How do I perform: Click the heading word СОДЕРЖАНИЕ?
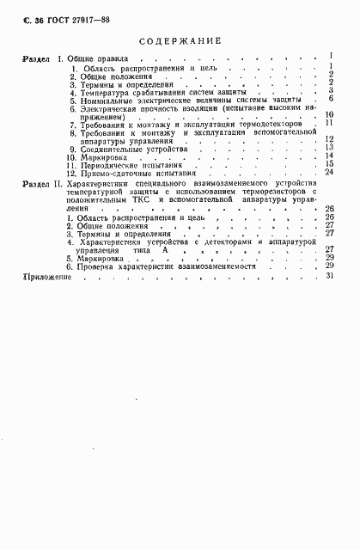coord(180,40)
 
